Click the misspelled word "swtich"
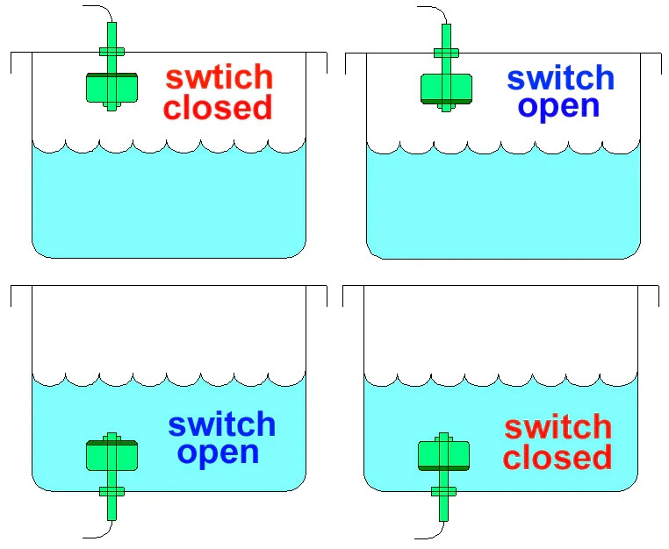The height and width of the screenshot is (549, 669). click(219, 77)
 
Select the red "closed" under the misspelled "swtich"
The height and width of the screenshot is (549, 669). click(218, 108)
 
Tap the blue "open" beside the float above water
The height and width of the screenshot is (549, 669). click(559, 106)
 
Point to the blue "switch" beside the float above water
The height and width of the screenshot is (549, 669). click(560, 77)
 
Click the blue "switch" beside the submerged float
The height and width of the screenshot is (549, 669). click(222, 424)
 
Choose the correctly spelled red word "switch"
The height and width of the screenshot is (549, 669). click(557, 427)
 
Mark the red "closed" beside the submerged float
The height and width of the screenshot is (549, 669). click(557, 458)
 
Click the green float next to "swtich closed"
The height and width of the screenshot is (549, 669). click(111, 86)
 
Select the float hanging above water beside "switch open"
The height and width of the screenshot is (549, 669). click(447, 89)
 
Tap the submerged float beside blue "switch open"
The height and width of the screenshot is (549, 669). click(111, 454)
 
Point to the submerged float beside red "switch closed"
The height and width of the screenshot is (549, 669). click(442, 455)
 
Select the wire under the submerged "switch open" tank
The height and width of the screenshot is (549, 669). click(97, 533)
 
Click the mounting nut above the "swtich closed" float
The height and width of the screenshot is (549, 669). click(111, 52)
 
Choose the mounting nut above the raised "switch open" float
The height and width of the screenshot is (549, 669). click(447, 52)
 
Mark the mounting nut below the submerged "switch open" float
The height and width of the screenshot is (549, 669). click(111, 491)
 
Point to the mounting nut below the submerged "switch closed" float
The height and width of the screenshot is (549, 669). click(442, 491)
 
